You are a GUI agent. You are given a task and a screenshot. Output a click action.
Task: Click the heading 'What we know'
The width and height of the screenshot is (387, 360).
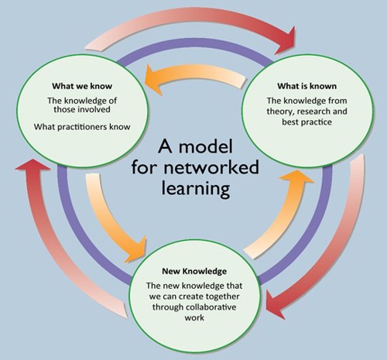pyautogui.click(x=82, y=86)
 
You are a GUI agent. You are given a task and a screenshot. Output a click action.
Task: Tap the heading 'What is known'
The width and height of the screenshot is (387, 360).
pyautogui.click(x=307, y=86)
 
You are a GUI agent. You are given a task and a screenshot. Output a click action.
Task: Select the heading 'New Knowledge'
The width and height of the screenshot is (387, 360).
pyautogui.click(x=194, y=271)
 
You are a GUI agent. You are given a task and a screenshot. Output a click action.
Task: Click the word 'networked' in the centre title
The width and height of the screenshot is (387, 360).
pyautogui.click(x=211, y=167)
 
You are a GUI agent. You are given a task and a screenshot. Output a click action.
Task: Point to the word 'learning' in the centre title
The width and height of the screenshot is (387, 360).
pyautogui.click(x=196, y=189)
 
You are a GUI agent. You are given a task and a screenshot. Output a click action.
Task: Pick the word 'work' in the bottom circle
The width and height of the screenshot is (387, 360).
pyautogui.click(x=194, y=317)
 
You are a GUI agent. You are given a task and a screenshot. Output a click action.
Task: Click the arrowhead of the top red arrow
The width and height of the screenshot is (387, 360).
pyautogui.click(x=286, y=40)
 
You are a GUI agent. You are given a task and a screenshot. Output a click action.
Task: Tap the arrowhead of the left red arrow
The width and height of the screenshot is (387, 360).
pyautogui.click(x=33, y=166)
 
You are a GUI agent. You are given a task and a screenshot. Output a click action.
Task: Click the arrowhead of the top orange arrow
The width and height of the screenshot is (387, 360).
pyautogui.click(x=153, y=79)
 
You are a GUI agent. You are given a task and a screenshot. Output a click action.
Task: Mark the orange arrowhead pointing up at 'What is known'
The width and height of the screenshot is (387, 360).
pyautogui.click(x=297, y=177)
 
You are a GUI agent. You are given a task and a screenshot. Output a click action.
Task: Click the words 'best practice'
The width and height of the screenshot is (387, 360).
pyautogui.click(x=307, y=122)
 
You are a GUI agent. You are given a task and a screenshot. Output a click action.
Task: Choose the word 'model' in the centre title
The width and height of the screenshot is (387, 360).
pyautogui.click(x=206, y=146)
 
